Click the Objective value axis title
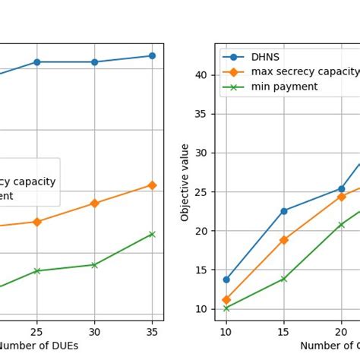185,182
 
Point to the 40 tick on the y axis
201,74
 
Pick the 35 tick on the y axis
201,114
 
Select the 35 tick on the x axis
152,332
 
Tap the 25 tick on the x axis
36,332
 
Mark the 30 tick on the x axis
94,332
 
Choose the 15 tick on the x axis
283,332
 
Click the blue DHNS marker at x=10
226,279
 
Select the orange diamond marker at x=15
283,240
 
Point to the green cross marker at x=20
341,225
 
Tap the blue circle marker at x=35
152,55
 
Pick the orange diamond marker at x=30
94,203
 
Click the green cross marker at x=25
36,270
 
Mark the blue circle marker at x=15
283,211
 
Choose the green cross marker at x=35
152,234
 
